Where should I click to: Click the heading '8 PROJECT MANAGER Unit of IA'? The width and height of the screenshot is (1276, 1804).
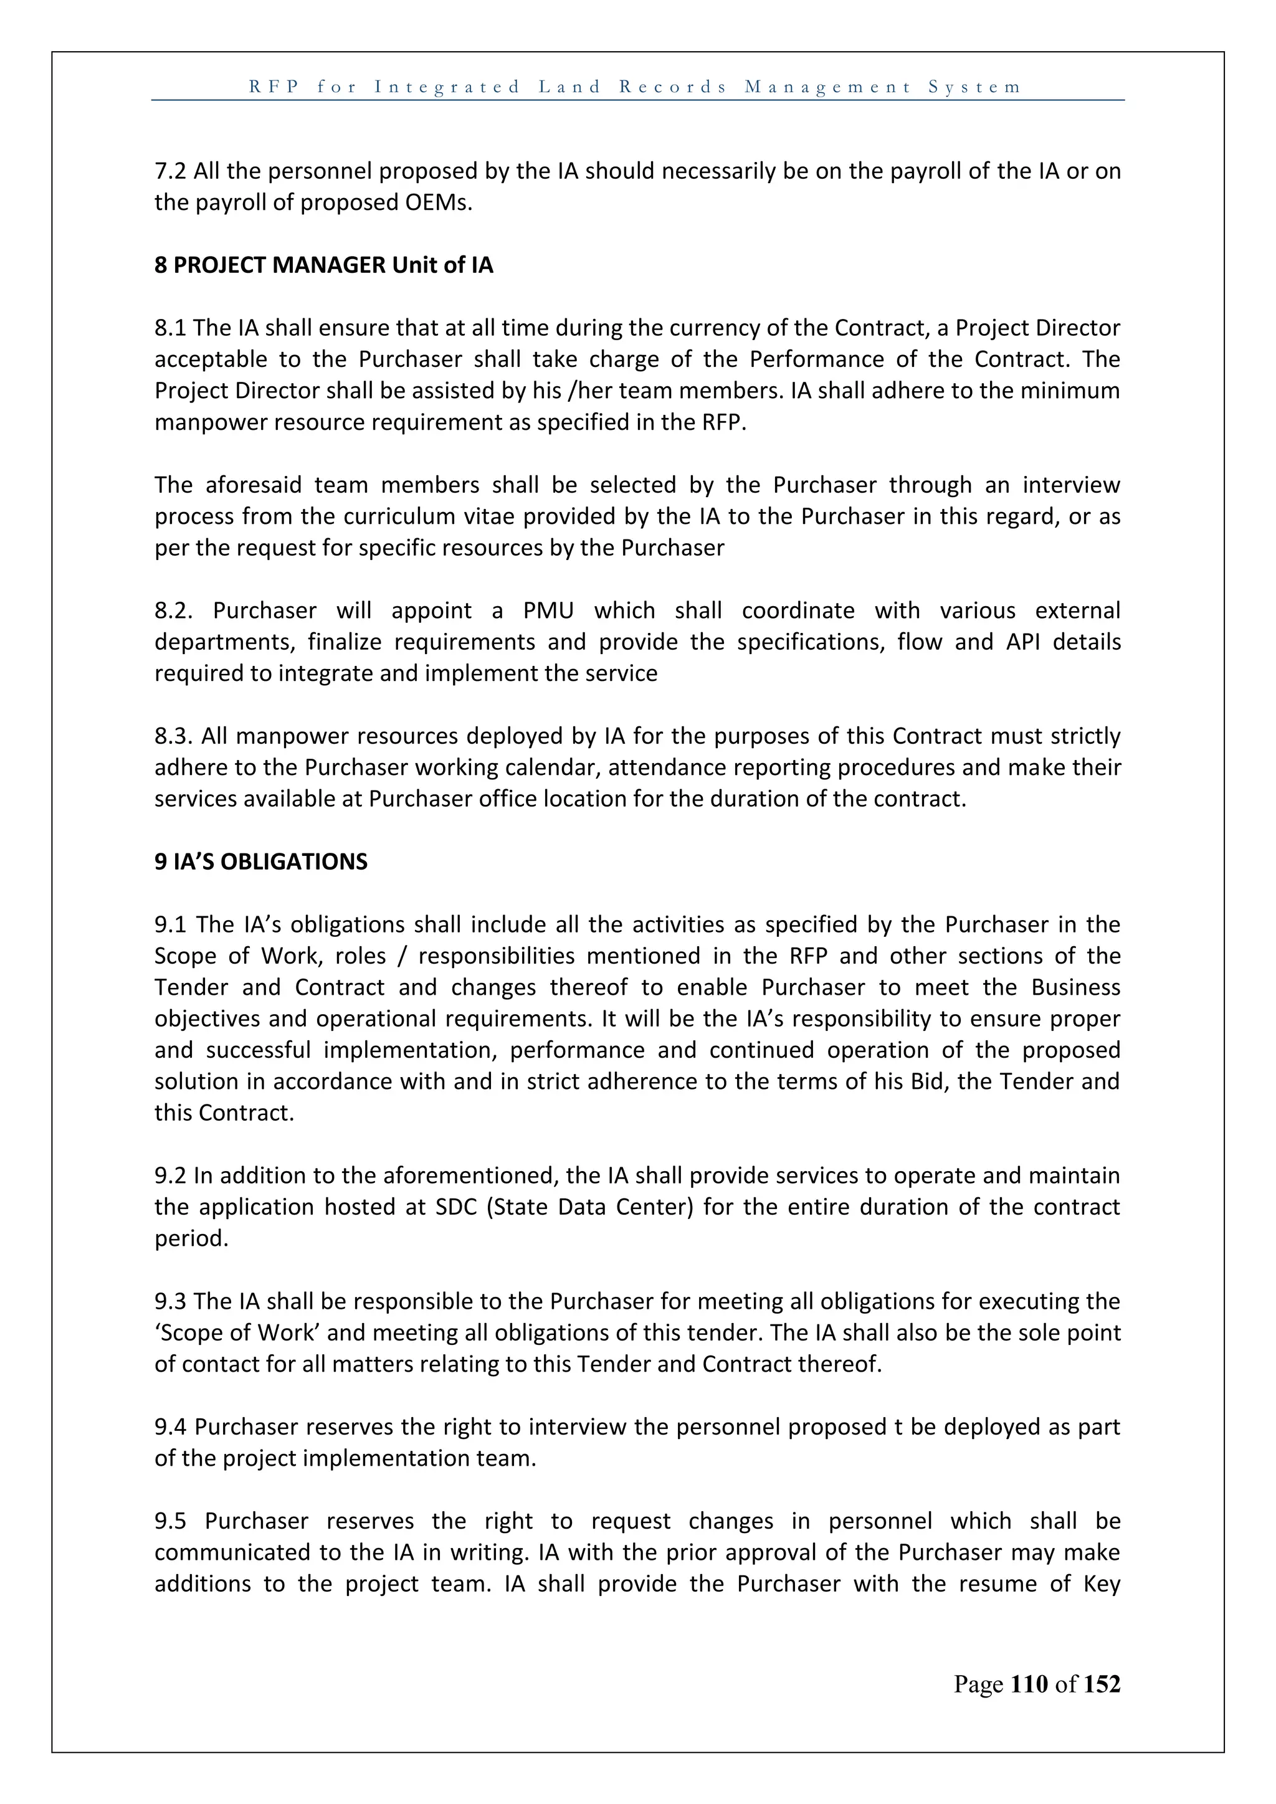tap(324, 265)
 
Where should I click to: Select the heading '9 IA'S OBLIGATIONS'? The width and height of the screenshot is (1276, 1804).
tap(261, 862)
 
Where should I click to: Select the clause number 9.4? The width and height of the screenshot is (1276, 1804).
tap(171, 1427)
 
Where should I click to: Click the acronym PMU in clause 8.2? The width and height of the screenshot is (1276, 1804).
tap(548, 610)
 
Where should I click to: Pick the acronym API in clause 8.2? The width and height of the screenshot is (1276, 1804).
tap(1023, 642)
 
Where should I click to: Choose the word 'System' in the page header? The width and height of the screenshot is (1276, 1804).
tap(974, 87)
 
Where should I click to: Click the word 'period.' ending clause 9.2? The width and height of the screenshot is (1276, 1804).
tap(191, 1239)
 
